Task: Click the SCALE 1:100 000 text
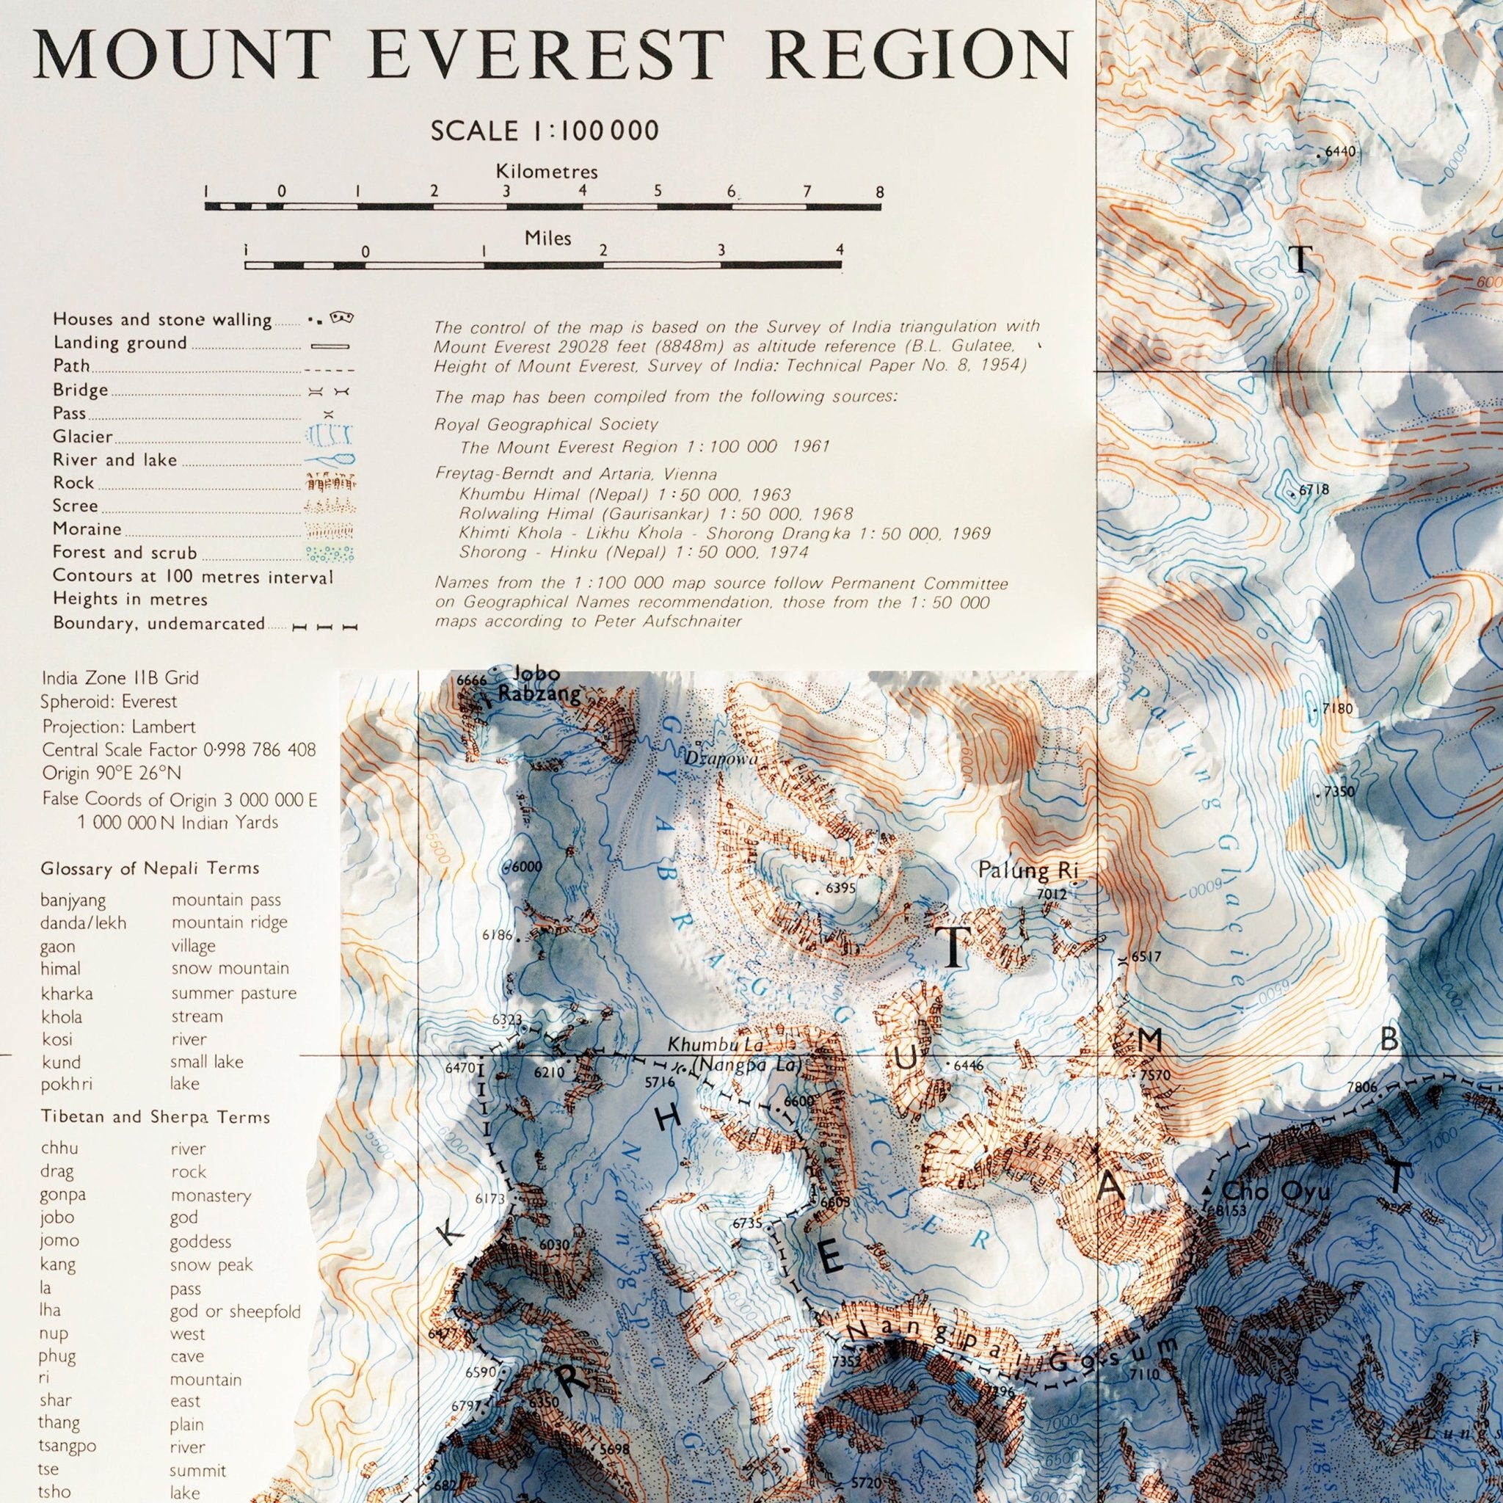click(545, 130)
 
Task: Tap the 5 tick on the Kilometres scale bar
click(658, 191)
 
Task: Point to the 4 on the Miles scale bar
click(839, 250)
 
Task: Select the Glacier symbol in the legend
click(327, 437)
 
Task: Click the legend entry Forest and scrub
click(125, 553)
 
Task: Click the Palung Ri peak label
click(1025, 870)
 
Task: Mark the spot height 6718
click(1313, 490)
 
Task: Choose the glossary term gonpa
click(63, 1195)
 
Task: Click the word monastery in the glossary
click(211, 1195)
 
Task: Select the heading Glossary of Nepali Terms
click(150, 868)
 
